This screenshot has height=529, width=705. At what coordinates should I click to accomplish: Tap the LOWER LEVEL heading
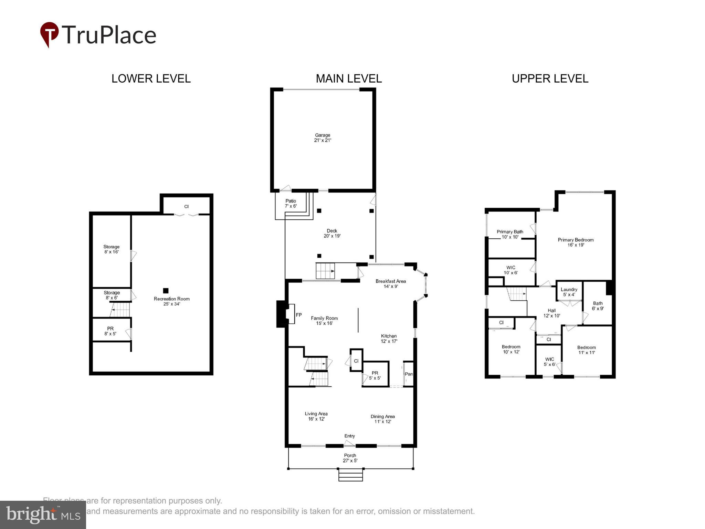pyautogui.click(x=151, y=79)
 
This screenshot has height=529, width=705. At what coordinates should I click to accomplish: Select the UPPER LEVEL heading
pyautogui.click(x=550, y=79)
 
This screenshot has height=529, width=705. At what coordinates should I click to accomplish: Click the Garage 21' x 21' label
pyautogui.click(x=323, y=138)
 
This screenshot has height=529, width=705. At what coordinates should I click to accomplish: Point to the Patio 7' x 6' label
pyautogui.click(x=291, y=204)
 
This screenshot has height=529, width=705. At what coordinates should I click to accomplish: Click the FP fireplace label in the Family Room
pyautogui.click(x=299, y=315)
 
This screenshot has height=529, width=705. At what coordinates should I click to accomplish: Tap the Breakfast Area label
pyautogui.click(x=391, y=283)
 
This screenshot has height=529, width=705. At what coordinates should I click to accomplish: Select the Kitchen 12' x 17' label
pyautogui.click(x=389, y=339)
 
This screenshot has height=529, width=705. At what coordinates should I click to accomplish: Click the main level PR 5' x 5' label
pyautogui.click(x=375, y=375)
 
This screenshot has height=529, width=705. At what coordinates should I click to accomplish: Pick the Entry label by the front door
pyautogui.click(x=349, y=436)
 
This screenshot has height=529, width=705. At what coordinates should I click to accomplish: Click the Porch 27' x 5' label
pyautogui.click(x=350, y=458)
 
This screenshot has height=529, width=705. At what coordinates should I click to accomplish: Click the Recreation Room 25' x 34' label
pyautogui.click(x=171, y=301)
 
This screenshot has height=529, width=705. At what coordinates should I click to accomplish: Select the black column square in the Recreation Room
pyautogui.click(x=166, y=291)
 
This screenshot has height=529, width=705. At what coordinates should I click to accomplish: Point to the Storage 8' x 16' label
pyautogui.click(x=112, y=249)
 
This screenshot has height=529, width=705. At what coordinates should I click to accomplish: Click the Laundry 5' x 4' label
pyautogui.click(x=569, y=292)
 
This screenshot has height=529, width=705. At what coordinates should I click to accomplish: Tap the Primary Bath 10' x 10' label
pyautogui.click(x=510, y=234)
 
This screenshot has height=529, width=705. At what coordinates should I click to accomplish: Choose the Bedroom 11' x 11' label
pyautogui.click(x=586, y=350)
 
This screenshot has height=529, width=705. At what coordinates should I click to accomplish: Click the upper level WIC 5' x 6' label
pyautogui.click(x=550, y=362)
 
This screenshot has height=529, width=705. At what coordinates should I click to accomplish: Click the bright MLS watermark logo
pyautogui.click(x=43, y=515)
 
